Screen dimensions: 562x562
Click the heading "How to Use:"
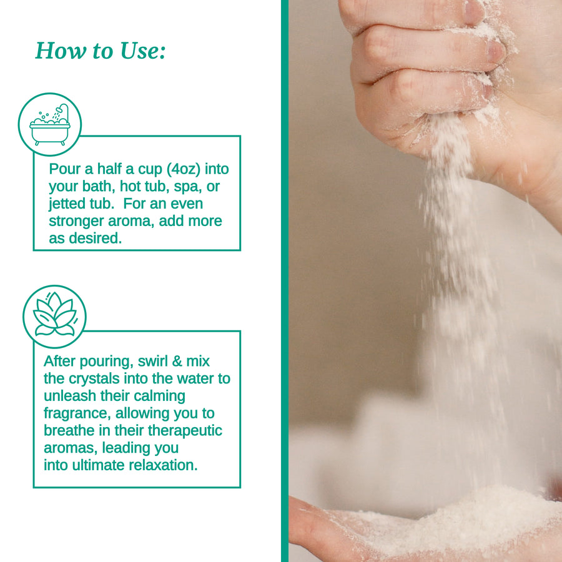101,51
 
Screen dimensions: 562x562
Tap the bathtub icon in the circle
50,125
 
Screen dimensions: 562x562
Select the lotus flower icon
54,315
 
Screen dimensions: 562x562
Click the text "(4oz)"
184,169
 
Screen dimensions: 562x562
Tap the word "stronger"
76,221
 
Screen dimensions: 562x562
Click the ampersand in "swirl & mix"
177,362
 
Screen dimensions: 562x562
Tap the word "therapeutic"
185,431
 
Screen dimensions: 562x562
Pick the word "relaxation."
163,465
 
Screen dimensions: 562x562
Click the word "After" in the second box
60,362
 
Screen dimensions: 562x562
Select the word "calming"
164,397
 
